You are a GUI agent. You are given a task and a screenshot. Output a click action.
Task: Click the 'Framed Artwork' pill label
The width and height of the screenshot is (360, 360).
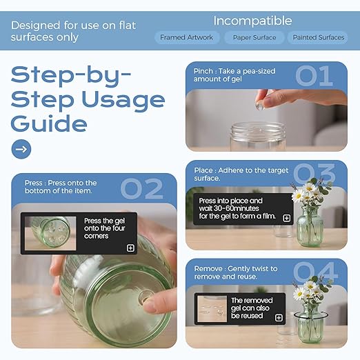187,37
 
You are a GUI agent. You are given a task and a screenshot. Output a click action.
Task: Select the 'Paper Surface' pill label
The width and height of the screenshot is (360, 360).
254,37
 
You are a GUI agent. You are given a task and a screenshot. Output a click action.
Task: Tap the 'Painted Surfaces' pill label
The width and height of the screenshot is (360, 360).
318,37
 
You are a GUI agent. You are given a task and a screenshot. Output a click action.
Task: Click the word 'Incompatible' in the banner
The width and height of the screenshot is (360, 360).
252,21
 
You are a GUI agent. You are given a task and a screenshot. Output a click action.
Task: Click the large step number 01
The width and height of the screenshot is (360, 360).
314,76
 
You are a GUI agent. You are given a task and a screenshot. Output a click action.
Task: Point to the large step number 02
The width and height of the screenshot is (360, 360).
141,188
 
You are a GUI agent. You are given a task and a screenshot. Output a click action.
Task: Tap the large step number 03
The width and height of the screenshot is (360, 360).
314,174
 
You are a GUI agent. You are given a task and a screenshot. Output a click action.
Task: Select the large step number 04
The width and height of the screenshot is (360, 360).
315,272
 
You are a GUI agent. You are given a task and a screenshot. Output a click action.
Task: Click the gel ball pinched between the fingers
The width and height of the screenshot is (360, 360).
260,106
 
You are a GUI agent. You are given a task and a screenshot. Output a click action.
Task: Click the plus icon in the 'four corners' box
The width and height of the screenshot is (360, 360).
130,248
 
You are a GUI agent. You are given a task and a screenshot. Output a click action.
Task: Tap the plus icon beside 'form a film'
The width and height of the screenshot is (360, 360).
287,218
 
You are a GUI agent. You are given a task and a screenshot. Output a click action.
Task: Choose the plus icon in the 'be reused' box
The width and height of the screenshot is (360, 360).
279,318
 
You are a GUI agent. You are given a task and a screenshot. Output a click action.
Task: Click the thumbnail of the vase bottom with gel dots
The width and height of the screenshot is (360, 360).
50,233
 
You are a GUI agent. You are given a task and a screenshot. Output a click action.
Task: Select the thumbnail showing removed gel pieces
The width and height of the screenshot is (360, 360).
212,309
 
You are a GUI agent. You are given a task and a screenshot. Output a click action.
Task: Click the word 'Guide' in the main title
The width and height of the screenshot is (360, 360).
49,123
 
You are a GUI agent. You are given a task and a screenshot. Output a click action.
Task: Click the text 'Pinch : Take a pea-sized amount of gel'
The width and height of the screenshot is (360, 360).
234,75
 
